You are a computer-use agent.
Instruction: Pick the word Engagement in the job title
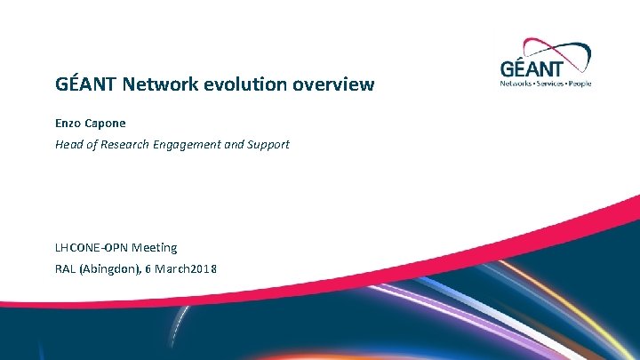click(191, 144)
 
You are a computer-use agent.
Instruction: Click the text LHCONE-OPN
click(91, 247)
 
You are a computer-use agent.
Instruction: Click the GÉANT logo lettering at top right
click(544, 68)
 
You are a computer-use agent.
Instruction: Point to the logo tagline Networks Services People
click(546, 84)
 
